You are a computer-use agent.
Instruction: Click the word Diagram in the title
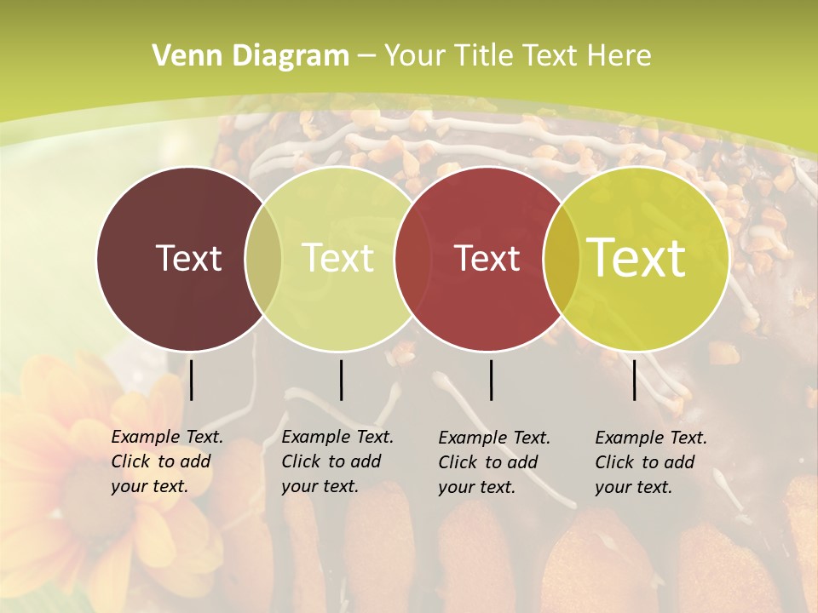pyautogui.click(x=291, y=56)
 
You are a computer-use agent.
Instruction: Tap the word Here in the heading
pyautogui.click(x=619, y=56)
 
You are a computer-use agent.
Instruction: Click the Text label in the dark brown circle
pyautogui.click(x=188, y=258)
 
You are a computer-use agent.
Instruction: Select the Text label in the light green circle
pyautogui.click(x=337, y=258)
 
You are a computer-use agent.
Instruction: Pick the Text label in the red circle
pyautogui.click(x=487, y=258)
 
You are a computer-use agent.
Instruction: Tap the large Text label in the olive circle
pyautogui.click(x=636, y=258)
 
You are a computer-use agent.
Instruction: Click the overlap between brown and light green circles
pyautogui.click(x=263, y=258)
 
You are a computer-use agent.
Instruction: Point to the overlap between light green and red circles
pyautogui.click(x=412, y=258)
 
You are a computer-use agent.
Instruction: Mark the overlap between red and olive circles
pyautogui.click(x=562, y=258)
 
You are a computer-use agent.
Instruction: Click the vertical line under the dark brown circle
pyautogui.click(x=192, y=380)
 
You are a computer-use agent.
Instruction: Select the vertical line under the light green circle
pyautogui.click(x=341, y=380)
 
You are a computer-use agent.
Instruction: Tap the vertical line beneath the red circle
pyautogui.click(x=491, y=380)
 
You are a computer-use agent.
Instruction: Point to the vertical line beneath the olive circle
pyautogui.click(x=634, y=380)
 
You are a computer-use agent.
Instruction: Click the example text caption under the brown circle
pyautogui.click(x=167, y=461)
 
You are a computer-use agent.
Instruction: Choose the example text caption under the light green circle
pyautogui.click(x=337, y=461)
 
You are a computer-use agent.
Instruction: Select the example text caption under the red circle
pyautogui.click(x=494, y=462)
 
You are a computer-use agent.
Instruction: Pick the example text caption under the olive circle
pyautogui.click(x=651, y=462)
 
